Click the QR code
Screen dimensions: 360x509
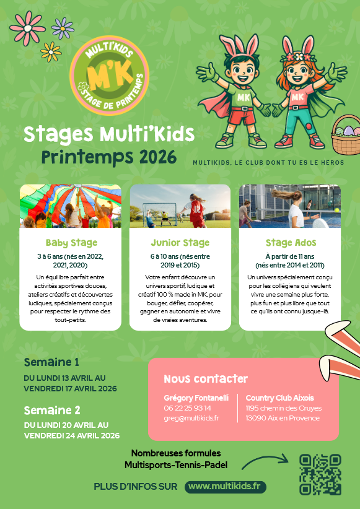pyautogui.click(x=320, y=474)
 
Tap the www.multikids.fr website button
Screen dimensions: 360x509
pyautogui.click(x=225, y=487)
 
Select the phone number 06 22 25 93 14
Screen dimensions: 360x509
pyautogui.click(x=188, y=408)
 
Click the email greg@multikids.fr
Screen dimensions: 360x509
pyautogui.click(x=191, y=418)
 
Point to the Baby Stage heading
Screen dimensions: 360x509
pyautogui.click(x=71, y=243)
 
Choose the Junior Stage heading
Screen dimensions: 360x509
pyautogui.click(x=180, y=243)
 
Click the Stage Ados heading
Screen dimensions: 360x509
pyautogui.click(x=291, y=243)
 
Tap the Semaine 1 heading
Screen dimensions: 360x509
pyautogui.click(x=51, y=362)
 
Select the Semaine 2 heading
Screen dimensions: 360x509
pyautogui.click(x=52, y=411)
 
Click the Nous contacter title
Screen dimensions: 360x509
pyautogui.click(x=206, y=379)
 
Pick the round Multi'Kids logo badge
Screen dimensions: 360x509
pyautogui.click(x=110, y=76)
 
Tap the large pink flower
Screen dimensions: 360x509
pyautogui.click(x=28, y=28)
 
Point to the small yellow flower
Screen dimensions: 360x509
pyautogui.click(x=51, y=51)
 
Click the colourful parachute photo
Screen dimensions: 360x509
pyautogui.click(x=71, y=206)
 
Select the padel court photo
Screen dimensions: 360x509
pyautogui.click(x=290, y=206)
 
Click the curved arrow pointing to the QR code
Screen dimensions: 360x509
pyautogui.click(x=265, y=460)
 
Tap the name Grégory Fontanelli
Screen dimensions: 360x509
pyautogui.click(x=196, y=398)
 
